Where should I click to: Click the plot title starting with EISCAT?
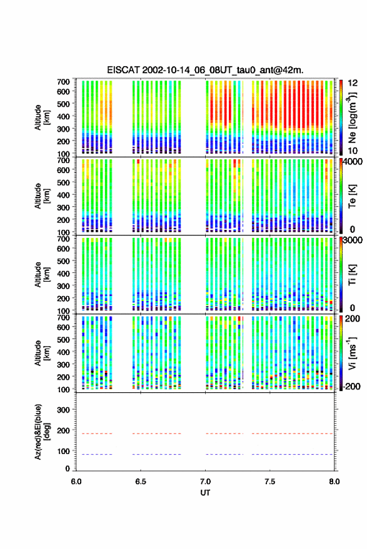tap(205, 70)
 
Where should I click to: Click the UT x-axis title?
tap(205, 493)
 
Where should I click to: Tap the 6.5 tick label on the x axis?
tap(141, 482)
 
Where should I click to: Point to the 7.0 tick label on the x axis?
tap(206, 482)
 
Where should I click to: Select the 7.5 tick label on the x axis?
tap(270, 482)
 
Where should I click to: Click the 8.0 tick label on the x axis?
tap(334, 482)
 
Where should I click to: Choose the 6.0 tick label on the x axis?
tap(76, 482)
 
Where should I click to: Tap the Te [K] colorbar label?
tap(352, 196)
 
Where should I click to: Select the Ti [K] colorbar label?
tap(352, 275)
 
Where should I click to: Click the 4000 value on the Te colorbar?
tap(353, 162)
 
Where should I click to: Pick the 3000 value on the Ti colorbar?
tap(353, 240)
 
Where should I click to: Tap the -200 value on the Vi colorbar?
tap(353, 386)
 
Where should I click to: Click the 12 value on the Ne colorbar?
tap(353, 82)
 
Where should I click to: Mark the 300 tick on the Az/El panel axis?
tap(63, 410)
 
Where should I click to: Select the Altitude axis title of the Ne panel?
tap(42, 117)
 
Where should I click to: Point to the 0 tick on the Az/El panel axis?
tap(68, 468)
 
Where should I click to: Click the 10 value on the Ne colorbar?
tap(353, 151)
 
